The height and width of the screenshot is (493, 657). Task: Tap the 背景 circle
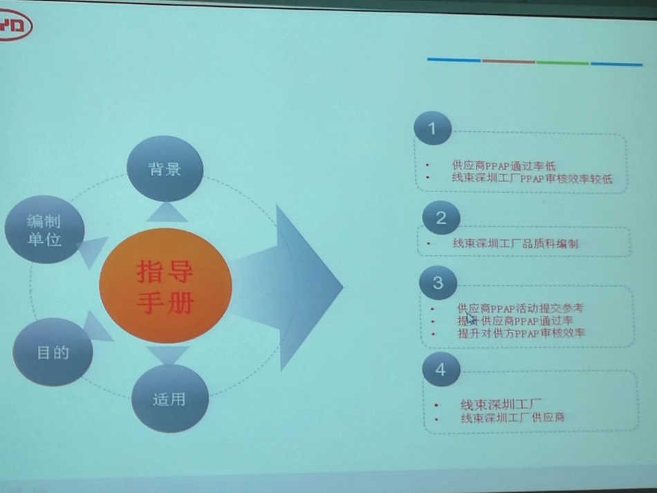coord(165,169)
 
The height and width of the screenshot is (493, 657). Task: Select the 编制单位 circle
coord(44,230)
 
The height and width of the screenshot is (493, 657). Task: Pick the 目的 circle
coord(53,353)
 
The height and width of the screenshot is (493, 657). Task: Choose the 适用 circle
coord(169,399)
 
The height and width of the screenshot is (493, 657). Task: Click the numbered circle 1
coord(432,128)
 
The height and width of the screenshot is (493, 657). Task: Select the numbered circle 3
coord(438,283)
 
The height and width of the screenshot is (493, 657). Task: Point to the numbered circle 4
coord(441,370)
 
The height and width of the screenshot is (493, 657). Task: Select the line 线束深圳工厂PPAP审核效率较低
coord(532,178)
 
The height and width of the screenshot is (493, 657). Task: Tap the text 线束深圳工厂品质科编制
coord(515,243)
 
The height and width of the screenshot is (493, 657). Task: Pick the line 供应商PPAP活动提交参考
coord(520,308)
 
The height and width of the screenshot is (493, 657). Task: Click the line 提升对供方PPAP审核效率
coord(521,333)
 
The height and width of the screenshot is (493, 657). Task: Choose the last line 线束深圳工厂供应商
coord(512,418)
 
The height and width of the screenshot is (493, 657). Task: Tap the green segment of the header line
coord(562,62)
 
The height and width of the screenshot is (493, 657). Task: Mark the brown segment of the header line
coord(508,61)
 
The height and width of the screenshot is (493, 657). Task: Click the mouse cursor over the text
coord(470,318)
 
